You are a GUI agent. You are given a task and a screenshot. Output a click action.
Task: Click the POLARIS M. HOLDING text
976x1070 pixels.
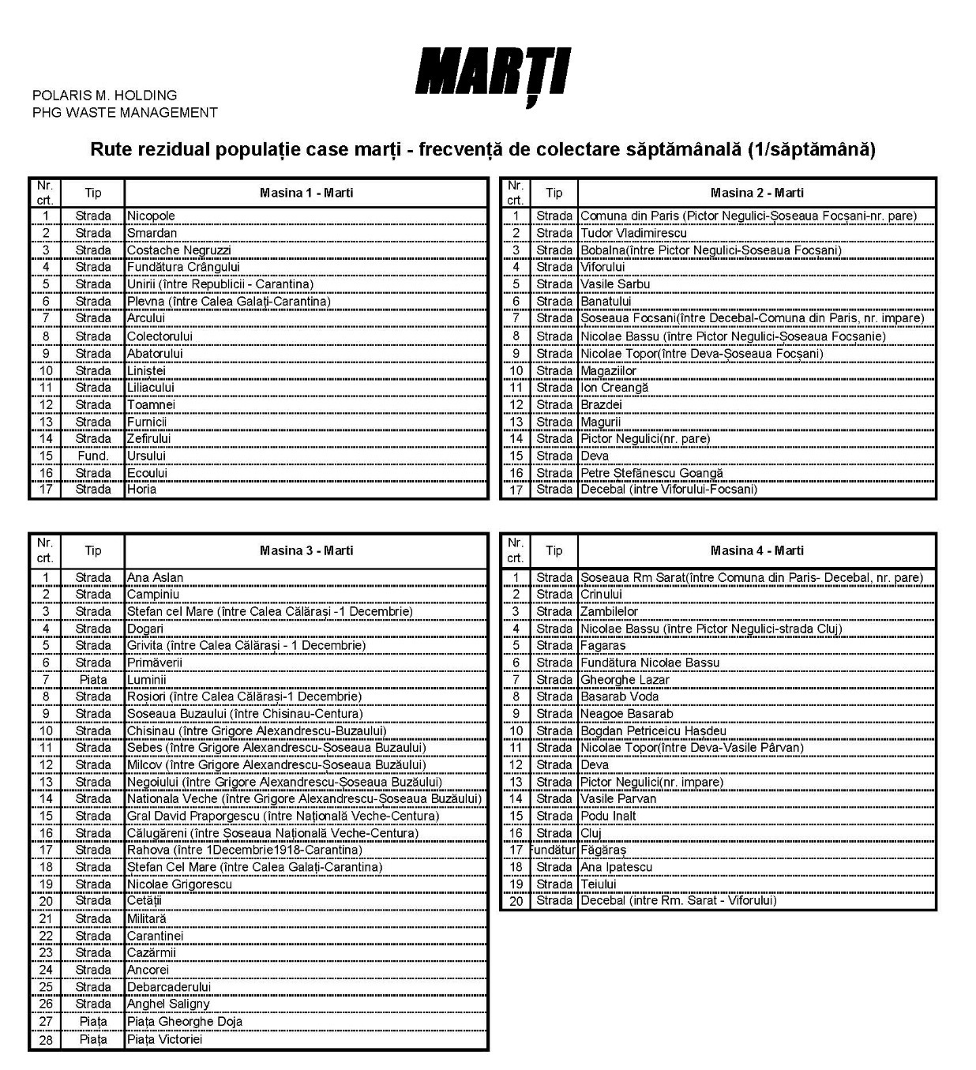[x=104, y=96]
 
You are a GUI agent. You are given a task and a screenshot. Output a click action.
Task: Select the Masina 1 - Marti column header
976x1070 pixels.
[x=306, y=193]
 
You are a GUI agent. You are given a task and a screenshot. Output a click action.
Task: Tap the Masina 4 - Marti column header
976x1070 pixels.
[x=756, y=550]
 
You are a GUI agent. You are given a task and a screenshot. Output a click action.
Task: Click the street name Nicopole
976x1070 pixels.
[x=152, y=216]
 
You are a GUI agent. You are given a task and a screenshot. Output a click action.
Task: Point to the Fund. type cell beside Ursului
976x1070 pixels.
[x=93, y=456]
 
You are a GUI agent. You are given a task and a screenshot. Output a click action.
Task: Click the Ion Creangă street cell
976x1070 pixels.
[x=614, y=388]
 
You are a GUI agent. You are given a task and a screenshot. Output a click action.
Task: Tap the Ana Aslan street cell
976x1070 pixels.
[x=156, y=577]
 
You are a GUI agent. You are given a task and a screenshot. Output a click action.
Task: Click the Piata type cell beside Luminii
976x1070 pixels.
[x=93, y=680]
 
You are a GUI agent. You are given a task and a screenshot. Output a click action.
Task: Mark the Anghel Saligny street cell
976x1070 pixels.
[x=169, y=1004]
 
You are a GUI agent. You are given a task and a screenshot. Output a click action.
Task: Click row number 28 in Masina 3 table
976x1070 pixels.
[x=46, y=1039]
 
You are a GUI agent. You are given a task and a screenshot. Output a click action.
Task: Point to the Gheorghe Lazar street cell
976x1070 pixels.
[x=625, y=680]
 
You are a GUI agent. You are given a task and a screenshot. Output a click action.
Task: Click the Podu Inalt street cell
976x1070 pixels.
[x=608, y=816]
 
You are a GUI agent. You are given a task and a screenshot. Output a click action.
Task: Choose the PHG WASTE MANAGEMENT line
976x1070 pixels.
[x=125, y=113]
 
